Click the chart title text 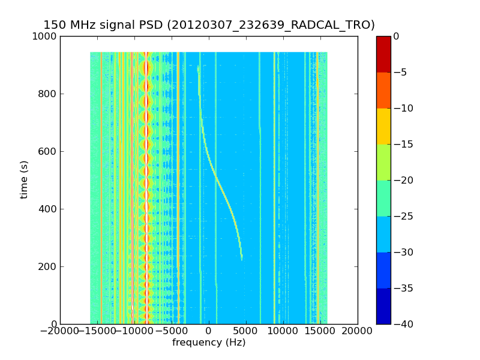click(209, 25)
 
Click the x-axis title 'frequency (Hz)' click(209, 343)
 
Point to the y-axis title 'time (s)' click(25, 179)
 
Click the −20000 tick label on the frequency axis click(60, 331)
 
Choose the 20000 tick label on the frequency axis click(358, 331)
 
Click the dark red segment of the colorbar click(383, 54)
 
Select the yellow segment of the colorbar click(383, 126)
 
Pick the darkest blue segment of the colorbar click(383, 306)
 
